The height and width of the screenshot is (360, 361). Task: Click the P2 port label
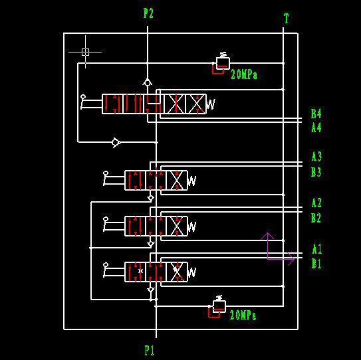click(148, 13)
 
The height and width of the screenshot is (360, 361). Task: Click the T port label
click(286, 19)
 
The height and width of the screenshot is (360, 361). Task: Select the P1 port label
click(150, 350)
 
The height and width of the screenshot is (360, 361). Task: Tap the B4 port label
click(316, 114)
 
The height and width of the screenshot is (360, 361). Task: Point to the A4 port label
click(316, 128)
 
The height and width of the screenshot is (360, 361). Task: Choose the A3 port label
click(316, 157)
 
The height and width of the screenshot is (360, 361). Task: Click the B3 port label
click(316, 172)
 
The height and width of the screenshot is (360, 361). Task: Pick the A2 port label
click(316, 203)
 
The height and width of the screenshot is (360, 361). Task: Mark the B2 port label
click(316, 218)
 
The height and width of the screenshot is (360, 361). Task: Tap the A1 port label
click(317, 249)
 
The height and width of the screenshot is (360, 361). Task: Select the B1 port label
click(316, 264)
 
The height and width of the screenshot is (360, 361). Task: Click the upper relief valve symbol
click(220, 63)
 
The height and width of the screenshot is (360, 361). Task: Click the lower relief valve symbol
click(217, 306)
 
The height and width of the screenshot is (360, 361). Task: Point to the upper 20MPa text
click(244, 74)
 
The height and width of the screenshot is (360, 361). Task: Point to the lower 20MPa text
click(243, 315)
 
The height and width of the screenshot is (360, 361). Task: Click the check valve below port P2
click(148, 82)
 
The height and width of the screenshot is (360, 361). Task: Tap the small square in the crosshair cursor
click(85, 52)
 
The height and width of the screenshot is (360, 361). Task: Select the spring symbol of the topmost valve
click(211, 104)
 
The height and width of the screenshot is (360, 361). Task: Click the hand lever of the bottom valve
click(114, 270)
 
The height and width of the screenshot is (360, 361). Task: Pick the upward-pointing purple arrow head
click(267, 236)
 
